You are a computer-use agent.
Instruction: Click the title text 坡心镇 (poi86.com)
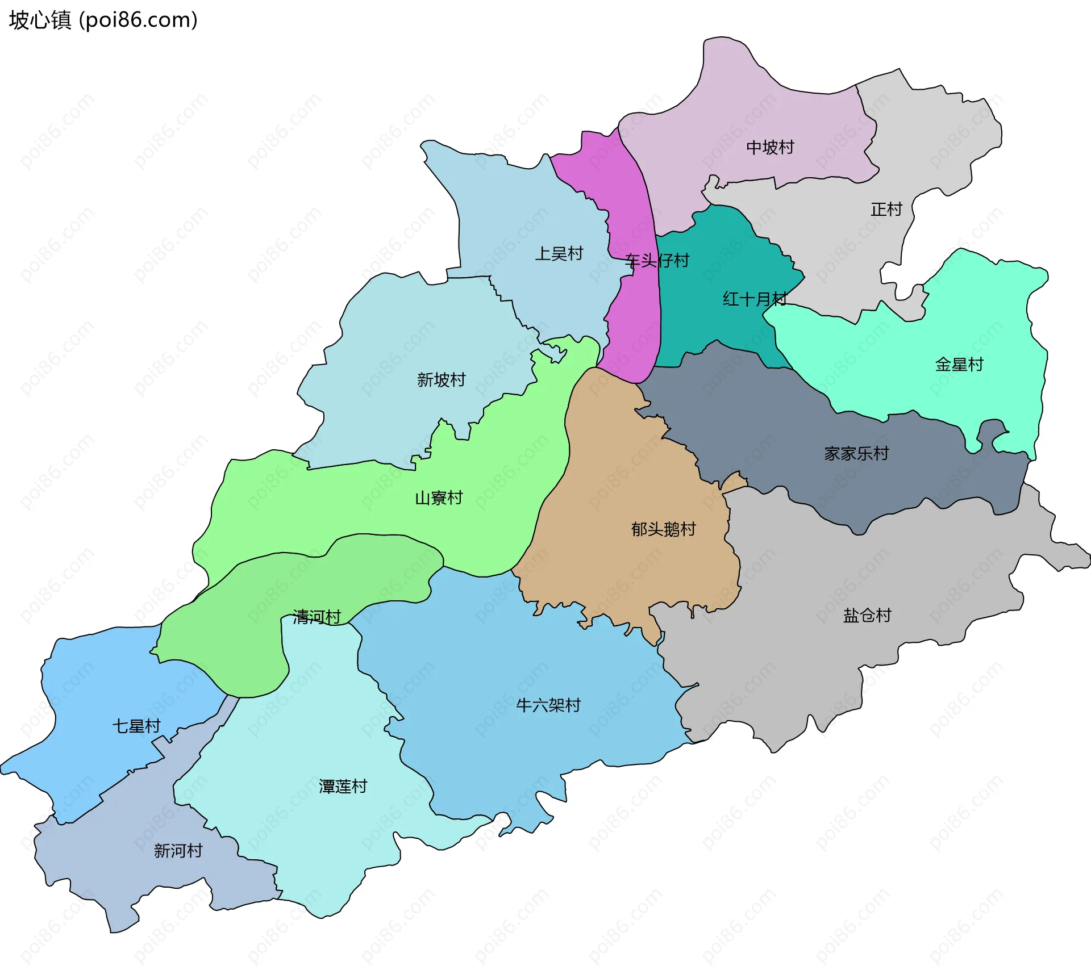pos(103,20)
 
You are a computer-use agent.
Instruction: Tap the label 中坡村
pos(770,148)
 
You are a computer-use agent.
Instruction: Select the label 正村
pos(886,210)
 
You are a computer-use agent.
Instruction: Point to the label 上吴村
pos(559,254)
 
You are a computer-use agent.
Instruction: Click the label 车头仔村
pos(657,261)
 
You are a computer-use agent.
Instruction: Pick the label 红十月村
pos(755,299)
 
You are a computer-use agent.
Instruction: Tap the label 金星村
pos(959,365)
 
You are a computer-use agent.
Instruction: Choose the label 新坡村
pos(442,380)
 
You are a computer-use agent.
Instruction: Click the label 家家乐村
pos(856,454)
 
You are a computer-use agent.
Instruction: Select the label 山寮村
pos(439,499)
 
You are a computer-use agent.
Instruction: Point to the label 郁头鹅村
pos(663,529)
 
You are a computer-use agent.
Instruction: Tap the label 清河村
pos(317,617)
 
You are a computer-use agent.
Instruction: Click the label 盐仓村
pos(867,616)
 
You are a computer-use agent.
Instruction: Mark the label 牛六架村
pos(548,705)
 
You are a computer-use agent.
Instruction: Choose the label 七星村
pos(136,726)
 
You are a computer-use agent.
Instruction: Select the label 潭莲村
pos(343,787)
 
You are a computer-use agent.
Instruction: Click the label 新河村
pos(178,851)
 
